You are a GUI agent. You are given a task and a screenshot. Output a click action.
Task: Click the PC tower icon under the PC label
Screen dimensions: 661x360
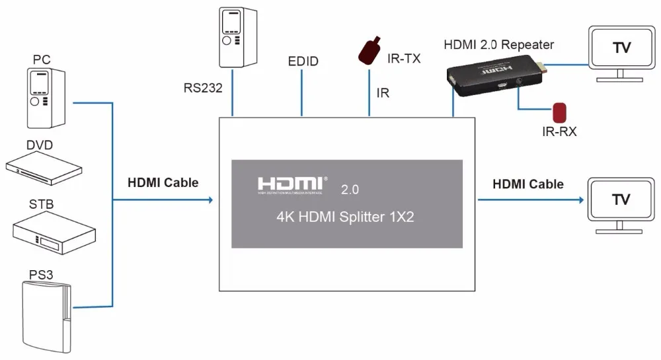click(46, 98)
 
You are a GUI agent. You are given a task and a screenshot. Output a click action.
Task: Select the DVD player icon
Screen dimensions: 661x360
click(44, 168)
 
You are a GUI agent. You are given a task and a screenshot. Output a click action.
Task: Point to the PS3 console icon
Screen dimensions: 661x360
click(47, 317)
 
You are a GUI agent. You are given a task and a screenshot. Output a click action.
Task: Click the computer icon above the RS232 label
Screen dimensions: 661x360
click(238, 37)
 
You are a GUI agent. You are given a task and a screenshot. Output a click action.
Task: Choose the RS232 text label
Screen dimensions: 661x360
click(203, 88)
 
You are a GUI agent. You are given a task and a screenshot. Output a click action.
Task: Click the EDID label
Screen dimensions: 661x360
click(303, 61)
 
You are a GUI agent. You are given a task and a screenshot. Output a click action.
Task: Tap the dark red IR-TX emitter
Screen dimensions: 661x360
click(369, 50)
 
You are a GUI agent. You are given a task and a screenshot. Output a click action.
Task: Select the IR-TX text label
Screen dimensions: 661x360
click(404, 59)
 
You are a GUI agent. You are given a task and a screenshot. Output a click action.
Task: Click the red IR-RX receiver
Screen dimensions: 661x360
click(559, 112)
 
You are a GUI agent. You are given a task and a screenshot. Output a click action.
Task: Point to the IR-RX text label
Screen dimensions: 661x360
click(559, 132)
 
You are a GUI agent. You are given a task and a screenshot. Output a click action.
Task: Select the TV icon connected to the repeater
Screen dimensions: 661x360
click(622, 54)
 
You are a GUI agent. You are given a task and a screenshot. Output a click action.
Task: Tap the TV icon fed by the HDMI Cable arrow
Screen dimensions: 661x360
click(621, 205)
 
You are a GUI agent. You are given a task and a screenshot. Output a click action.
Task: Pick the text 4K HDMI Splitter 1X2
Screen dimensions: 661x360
click(345, 217)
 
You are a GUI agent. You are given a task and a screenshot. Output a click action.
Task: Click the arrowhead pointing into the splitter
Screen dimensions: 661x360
click(211, 199)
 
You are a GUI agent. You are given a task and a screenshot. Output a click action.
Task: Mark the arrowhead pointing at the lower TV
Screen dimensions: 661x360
click(581, 199)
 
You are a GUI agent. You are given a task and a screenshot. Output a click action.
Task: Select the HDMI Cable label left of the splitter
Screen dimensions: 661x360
click(163, 182)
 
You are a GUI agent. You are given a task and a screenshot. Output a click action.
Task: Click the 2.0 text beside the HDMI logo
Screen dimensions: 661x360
click(350, 190)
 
